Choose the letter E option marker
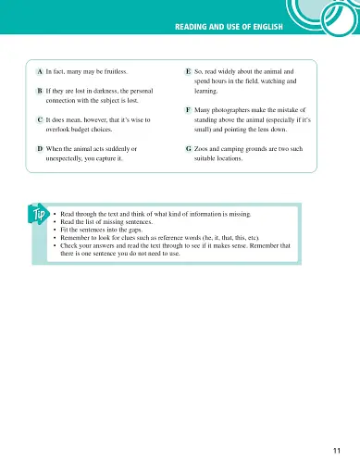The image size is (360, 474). [x=188, y=70]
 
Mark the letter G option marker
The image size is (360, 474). [x=188, y=148]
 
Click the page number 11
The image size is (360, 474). [x=335, y=451]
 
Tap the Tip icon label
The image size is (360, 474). [x=37, y=217]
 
